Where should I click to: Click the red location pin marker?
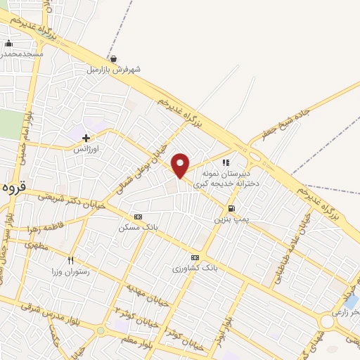tap(181, 166)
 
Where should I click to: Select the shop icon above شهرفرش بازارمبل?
tap(114, 59)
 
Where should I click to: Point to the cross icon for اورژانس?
tap(86, 138)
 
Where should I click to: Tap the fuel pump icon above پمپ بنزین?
tap(231, 208)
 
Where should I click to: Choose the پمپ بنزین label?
tap(231, 219)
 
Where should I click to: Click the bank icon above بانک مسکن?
tap(138, 217)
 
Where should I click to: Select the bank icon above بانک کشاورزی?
tap(195, 257)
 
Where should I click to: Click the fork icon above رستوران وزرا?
tap(71, 260)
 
